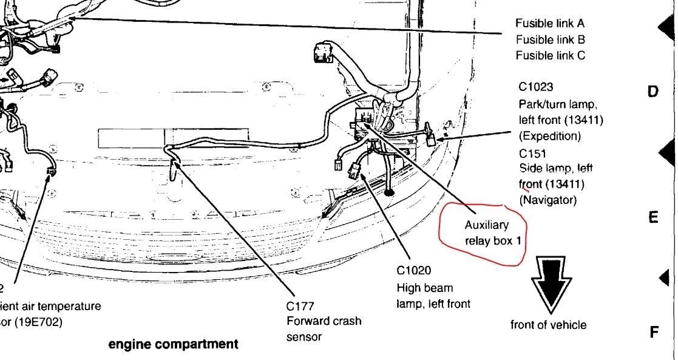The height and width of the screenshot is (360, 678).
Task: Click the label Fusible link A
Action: coord(550,24)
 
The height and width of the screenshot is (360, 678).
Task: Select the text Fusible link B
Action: coord(550,39)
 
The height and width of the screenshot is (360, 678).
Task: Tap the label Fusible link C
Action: coord(550,55)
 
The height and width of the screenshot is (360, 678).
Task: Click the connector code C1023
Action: coord(536,87)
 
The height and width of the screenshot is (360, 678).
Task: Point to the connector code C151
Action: coord(533,154)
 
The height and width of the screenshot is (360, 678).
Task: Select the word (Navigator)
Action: coord(547,199)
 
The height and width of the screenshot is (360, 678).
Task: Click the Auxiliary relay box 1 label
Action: coord(493,232)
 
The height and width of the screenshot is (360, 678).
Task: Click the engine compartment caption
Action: coord(173,345)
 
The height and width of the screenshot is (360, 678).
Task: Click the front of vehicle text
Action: coord(548,325)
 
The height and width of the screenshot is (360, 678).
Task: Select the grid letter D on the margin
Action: coord(653,92)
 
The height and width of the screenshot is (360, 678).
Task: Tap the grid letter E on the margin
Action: coord(653,217)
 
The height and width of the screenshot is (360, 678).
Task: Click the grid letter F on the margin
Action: coord(654,332)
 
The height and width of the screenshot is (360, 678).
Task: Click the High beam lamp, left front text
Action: coord(433,296)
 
